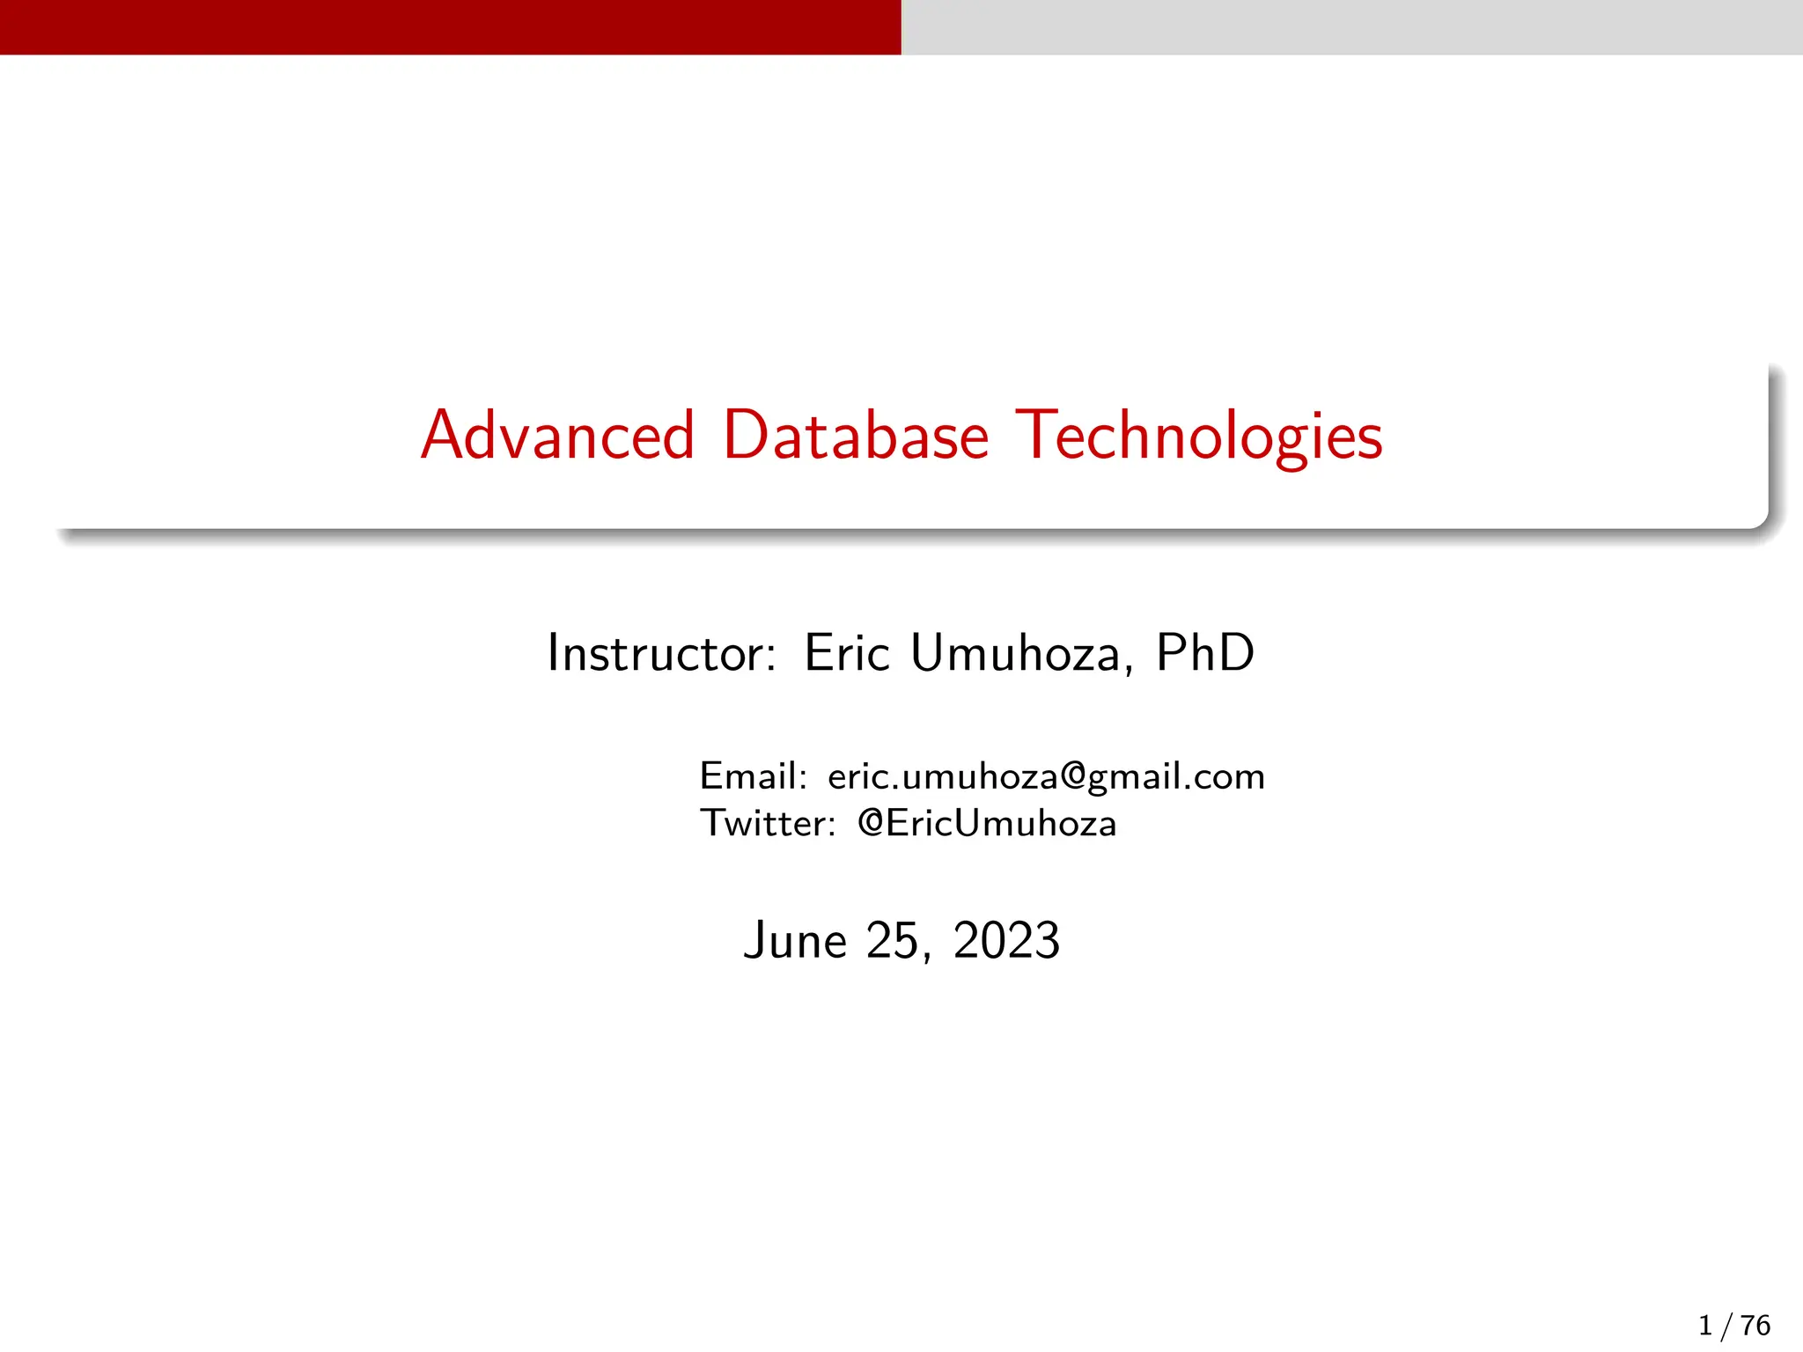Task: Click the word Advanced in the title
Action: pyautogui.click(x=557, y=436)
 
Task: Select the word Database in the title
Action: pyautogui.click(x=855, y=436)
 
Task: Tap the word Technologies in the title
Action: pyautogui.click(x=1198, y=437)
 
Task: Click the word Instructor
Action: pyautogui.click(x=661, y=653)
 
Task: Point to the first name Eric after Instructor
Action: pyautogui.click(x=846, y=653)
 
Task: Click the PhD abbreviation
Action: pyautogui.click(x=1204, y=653)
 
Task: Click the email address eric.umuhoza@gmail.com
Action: pyautogui.click(x=1046, y=777)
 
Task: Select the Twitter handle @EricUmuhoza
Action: pyautogui.click(x=987, y=824)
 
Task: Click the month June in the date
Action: pyautogui.click(x=795, y=941)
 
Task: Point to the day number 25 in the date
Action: pyautogui.click(x=893, y=941)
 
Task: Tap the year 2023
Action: pyautogui.click(x=1006, y=941)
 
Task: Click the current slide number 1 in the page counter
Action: pyautogui.click(x=1705, y=1326)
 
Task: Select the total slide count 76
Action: pyautogui.click(x=1755, y=1326)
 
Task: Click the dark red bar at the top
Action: pyautogui.click(x=450, y=26)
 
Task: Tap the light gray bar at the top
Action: pyautogui.click(x=1351, y=26)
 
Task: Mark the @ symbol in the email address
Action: pyautogui.click(x=1072, y=775)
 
